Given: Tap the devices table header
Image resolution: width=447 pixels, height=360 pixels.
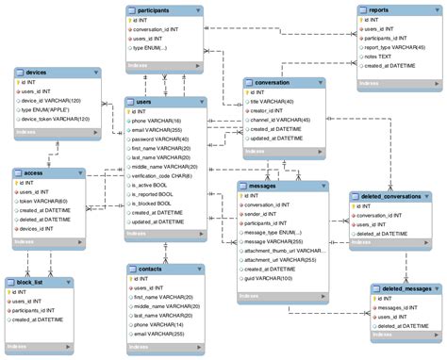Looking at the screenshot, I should point(38,73).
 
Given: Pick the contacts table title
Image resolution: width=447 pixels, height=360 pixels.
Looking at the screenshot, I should point(152,269).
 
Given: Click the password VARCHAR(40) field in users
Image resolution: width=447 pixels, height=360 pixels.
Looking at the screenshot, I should point(161,139).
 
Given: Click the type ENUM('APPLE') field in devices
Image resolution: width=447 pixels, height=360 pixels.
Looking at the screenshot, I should point(53,108).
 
